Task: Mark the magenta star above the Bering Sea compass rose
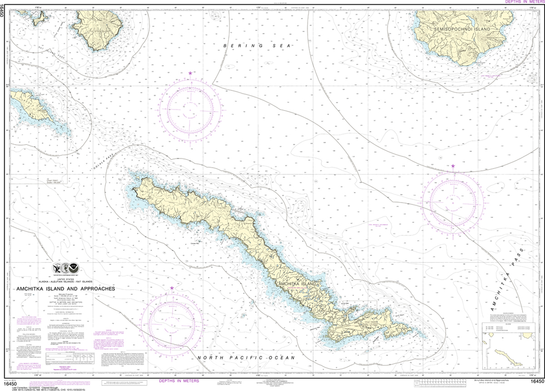pos(191,73)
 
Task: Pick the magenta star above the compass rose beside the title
pos(172,288)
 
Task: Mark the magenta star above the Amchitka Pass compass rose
pos(453,167)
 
